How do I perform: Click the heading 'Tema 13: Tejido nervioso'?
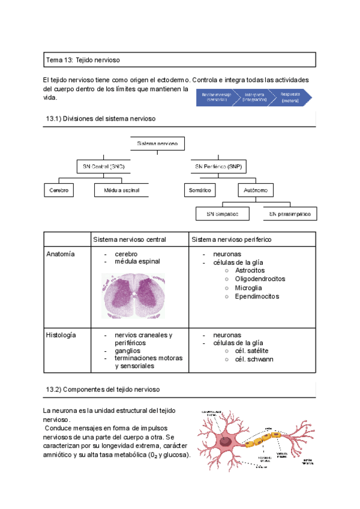(86, 59)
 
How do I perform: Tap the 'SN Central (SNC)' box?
(104, 166)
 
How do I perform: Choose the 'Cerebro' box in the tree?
(58, 190)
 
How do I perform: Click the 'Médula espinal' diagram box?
(121, 190)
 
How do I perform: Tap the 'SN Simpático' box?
(223, 213)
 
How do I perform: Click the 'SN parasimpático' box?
(290, 213)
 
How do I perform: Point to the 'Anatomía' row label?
(61, 254)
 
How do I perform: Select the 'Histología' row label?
(62, 335)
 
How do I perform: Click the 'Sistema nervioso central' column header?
(129, 239)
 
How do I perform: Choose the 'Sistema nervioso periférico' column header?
(231, 239)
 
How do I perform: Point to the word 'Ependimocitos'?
(257, 297)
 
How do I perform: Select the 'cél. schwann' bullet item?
(254, 360)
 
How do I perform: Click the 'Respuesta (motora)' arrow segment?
(292, 97)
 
